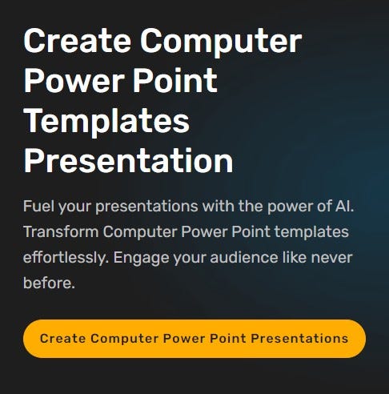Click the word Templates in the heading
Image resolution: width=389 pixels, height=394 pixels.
click(x=106, y=121)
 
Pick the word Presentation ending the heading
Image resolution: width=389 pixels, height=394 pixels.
click(x=128, y=161)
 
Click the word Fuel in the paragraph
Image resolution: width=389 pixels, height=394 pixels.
click(x=38, y=207)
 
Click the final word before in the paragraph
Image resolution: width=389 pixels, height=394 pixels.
click(x=49, y=284)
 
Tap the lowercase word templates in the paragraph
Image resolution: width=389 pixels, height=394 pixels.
click(x=323, y=233)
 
